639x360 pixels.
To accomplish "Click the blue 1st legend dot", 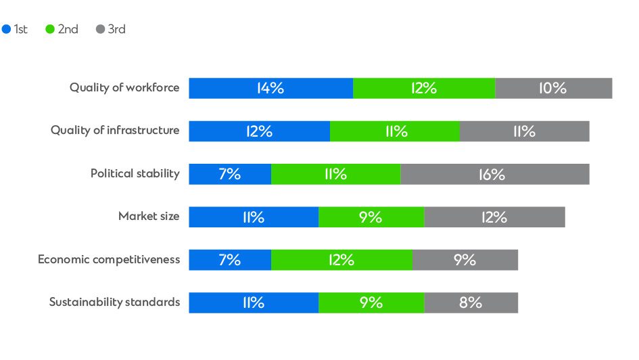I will pyautogui.click(x=7, y=30).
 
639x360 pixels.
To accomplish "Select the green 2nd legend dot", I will pyautogui.click(x=50, y=30).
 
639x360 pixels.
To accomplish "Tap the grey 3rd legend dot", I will pyautogui.click(x=100, y=30).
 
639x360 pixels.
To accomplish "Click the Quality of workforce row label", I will pyautogui.click(x=124, y=88).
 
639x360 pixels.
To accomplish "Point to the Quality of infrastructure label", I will pyautogui.click(x=115, y=131).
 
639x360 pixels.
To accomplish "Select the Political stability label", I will pyautogui.click(x=135, y=174).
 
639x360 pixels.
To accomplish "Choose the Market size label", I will pyautogui.click(x=149, y=217).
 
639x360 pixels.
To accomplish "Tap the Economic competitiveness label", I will pyautogui.click(x=109, y=260).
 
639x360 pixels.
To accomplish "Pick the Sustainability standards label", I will pyautogui.click(x=114, y=302).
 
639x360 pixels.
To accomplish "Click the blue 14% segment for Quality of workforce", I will pyautogui.click(x=270, y=89).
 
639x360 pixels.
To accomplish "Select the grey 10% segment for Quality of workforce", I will pyautogui.click(x=553, y=89).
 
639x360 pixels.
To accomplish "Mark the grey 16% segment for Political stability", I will pyautogui.click(x=494, y=174).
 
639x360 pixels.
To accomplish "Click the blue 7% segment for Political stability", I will pyautogui.click(x=230, y=174).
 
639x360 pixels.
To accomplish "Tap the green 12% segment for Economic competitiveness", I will pyautogui.click(x=341, y=260).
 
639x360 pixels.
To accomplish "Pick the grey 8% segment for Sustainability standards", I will pyautogui.click(x=471, y=302).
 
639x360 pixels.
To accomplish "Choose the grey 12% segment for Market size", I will pyautogui.click(x=494, y=217).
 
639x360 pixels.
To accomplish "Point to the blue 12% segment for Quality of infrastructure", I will pyautogui.click(x=259, y=131).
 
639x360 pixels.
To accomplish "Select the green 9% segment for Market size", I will pyautogui.click(x=371, y=217).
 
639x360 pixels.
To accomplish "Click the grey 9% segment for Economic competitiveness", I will pyautogui.click(x=465, y=260).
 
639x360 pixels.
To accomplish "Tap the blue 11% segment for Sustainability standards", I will pyautogui.click(x=254, y=302).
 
